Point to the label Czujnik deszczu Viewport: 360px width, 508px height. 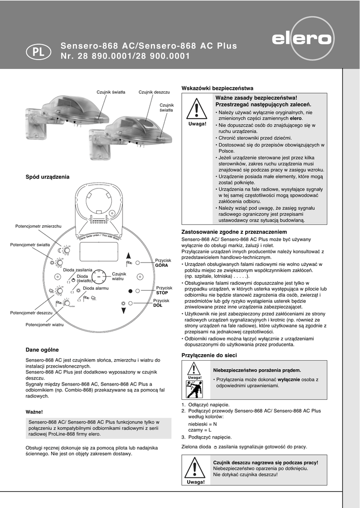click(x=154, y=92)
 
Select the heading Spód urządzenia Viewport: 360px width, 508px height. click(x=47, y=177)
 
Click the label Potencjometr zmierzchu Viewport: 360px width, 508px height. click(x=38, y=226)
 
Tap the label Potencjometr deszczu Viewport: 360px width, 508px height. click(x=31, y=313)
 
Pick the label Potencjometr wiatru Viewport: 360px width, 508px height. click(x=45, y=324)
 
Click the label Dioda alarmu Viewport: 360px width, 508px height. click(x=95, y=288)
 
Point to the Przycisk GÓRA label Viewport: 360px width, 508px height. click(x=162, y=263)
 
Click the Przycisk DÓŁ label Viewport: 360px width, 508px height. click(x=161, y=303)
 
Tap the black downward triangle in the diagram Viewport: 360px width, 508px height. click(x=124, y=311)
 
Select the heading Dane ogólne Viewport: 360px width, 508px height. click(x=42, y=349)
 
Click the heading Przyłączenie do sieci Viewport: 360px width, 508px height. click(x=209, y=355)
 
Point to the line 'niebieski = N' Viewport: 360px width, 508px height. click(x=202, y=424)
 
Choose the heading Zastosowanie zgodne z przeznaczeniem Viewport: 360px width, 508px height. click(x=234, y=232)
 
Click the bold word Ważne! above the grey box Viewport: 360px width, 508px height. click(x=34, y=412)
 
